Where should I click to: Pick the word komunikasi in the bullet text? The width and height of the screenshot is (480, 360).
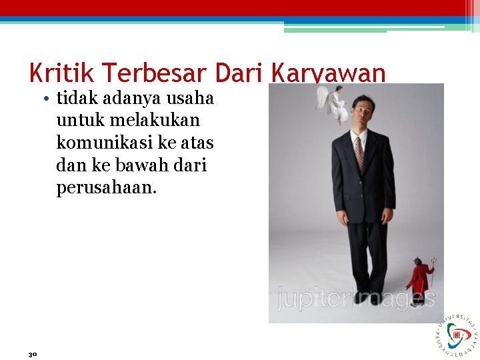[99, 142]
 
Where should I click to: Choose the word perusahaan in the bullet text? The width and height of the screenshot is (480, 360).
[107, 187]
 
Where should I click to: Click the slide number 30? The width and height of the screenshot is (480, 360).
[32, 353]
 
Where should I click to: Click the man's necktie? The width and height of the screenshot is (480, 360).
[359, 152]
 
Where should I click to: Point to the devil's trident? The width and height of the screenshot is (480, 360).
[431, 267]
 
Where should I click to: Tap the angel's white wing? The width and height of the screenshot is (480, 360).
[324, 97]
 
